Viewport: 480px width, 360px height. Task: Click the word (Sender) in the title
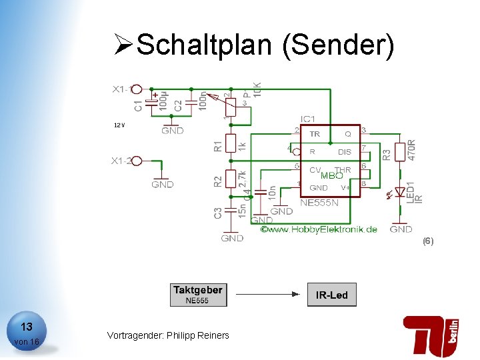point(339,45)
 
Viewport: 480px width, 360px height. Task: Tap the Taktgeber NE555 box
point(198,295)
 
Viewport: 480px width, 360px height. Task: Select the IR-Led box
point(331,295)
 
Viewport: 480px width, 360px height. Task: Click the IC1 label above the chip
point(308,119)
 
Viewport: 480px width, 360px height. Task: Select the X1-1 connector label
point(124,89)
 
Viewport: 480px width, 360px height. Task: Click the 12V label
point(119,125)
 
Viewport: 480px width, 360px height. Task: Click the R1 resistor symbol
point(231,143)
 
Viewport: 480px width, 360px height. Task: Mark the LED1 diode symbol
point(400,192)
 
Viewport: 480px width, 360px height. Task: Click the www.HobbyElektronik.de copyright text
point(319,229)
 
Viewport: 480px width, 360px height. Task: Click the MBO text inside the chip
point(331,176)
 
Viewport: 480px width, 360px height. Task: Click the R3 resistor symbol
point(400,152)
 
